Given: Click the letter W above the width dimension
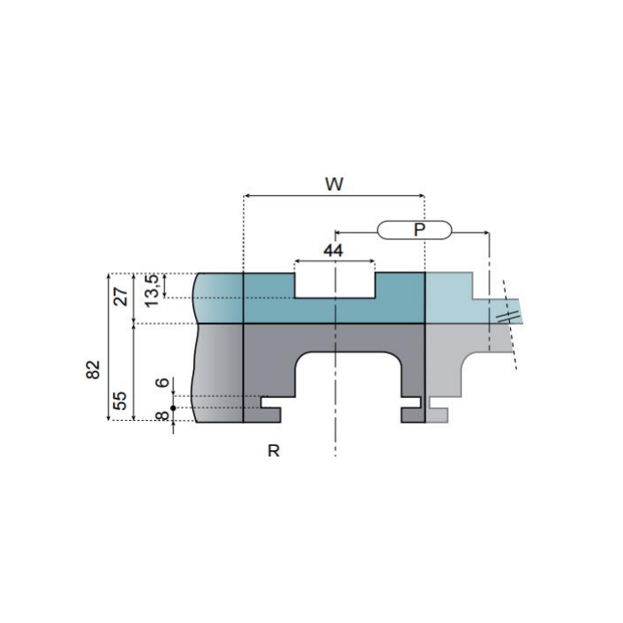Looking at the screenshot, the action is click(x=334, y=184).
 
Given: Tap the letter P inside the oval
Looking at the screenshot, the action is click(x=419, y=230).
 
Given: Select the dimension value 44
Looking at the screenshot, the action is click(x=333, y=250).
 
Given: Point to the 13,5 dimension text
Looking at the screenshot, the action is click(x=152, y=290).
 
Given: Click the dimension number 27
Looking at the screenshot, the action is click(x=121, y=296).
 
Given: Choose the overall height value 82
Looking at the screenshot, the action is click(x=93, y=369).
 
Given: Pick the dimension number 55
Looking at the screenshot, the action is click(x=119, y=400).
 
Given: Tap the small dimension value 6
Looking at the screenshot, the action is click(x=163, y=383).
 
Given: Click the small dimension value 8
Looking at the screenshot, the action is click(x=163, y=416).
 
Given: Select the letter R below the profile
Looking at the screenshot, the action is click(x=273, y=451).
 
